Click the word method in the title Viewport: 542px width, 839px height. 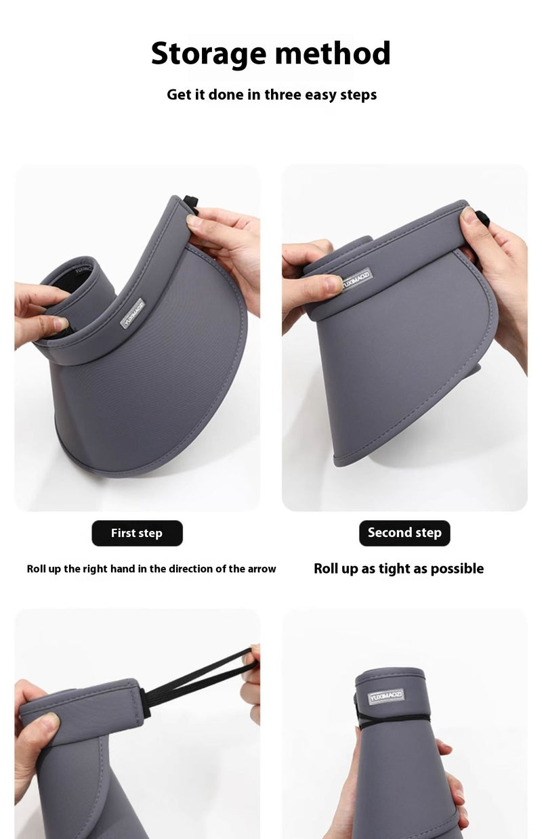pyautogui.click(x=333, y=53)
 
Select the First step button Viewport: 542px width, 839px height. pyautogui.click(x=137, y=533)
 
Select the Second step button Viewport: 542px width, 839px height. pyautogui.click(x=404, y=533)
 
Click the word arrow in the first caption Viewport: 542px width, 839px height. pyautogui.click(x=262, y=569)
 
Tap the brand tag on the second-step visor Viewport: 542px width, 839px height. pyautogui.click(x=357, y=280)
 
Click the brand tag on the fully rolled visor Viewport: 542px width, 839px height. pyautogui.click(x=386, y=697)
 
